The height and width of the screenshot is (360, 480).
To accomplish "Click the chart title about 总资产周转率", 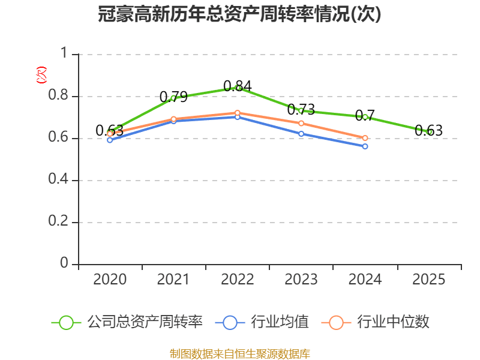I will coord(239,14).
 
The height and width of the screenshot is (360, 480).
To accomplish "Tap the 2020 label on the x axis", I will coord(110,280).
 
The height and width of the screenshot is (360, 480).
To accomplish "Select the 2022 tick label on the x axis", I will coord(237,280).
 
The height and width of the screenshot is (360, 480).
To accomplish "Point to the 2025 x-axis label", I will coord(428,280).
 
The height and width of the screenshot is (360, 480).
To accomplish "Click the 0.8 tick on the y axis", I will coord(59,97).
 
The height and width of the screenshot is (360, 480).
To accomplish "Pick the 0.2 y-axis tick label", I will coord(59,223).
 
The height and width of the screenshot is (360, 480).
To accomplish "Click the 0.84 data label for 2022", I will coord(237,86).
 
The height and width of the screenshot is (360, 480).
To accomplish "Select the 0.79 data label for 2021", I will coord(173,97).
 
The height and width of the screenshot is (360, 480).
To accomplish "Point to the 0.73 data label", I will coord(301,109).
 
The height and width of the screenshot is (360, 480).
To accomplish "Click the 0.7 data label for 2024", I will coord(365,115).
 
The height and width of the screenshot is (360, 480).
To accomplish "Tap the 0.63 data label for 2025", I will coord(428,130).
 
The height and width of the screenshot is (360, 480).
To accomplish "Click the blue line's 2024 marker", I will coord(365,146).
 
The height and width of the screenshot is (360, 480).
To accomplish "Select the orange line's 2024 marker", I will coord(365,138).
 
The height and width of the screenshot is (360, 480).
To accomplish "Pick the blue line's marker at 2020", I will coord(110,140).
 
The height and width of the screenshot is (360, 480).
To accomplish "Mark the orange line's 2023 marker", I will coord(301,123).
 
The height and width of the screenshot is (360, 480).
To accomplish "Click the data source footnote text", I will coord(239,353).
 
